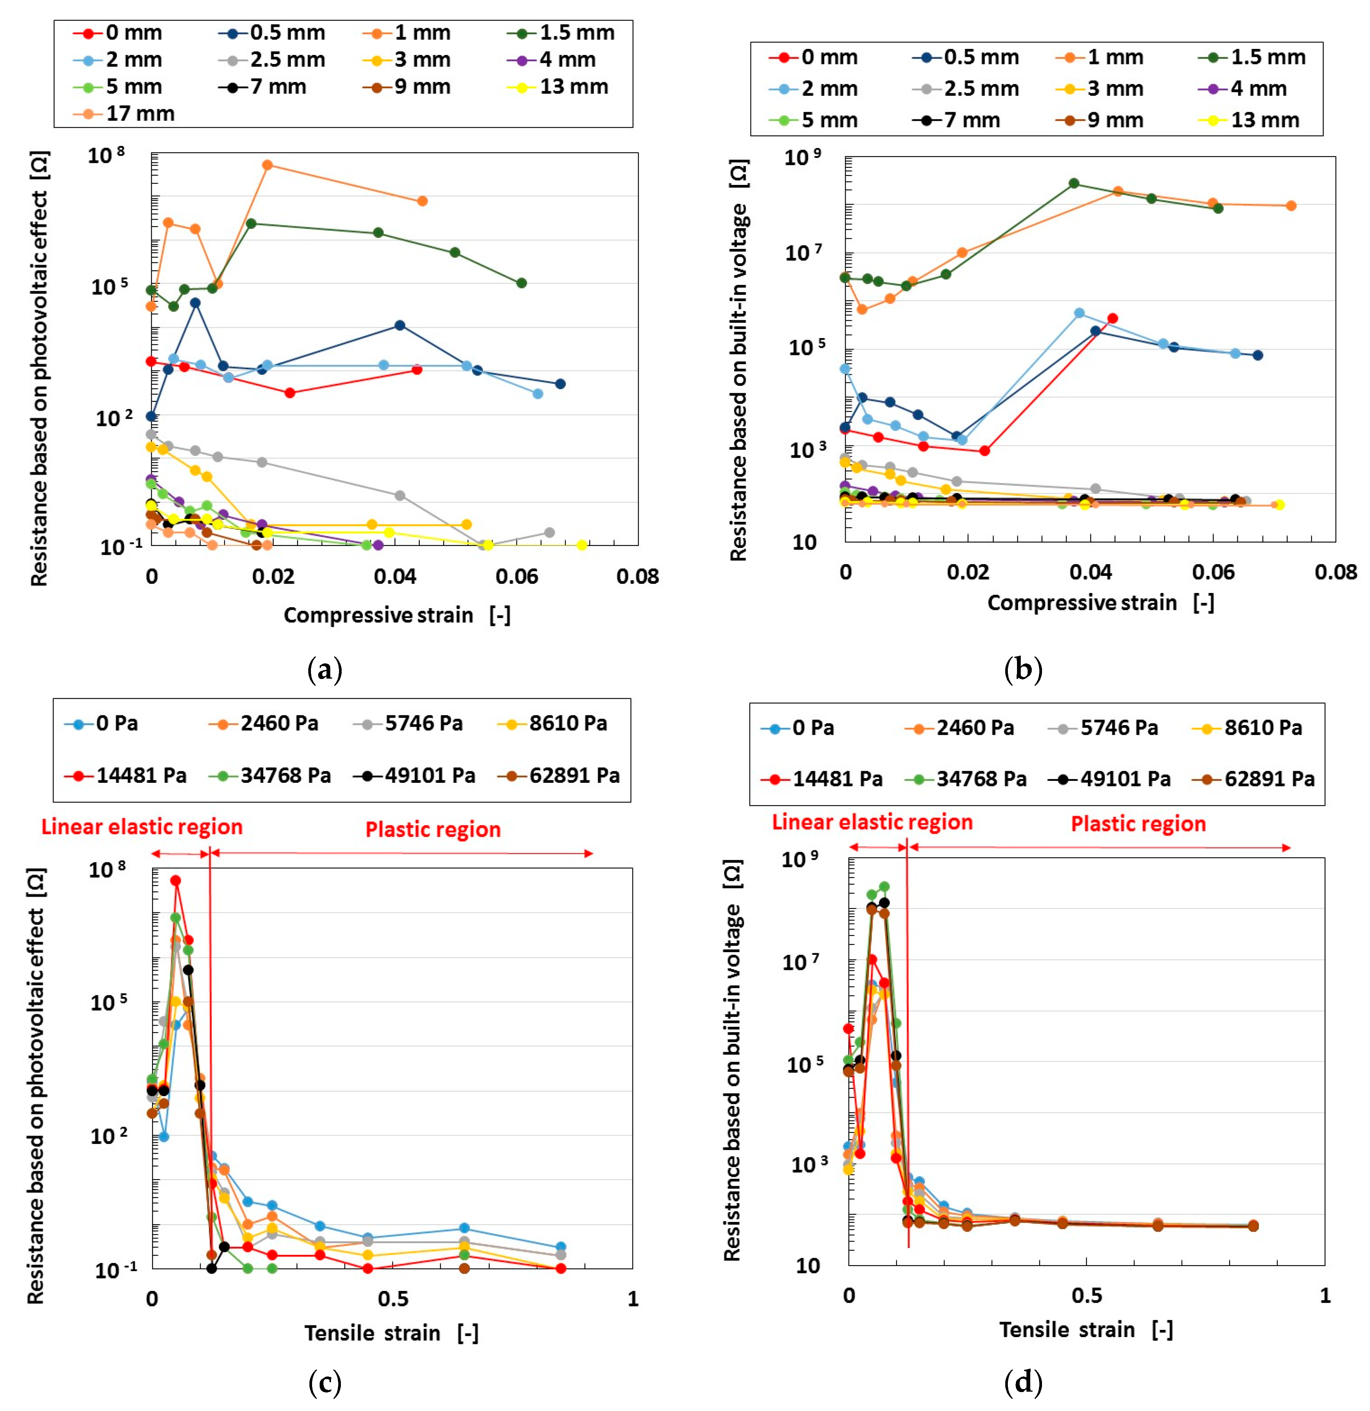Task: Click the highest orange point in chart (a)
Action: pyautogui.click(x=267, y=165)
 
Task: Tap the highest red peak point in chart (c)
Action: pyautogui.click(x=176, y=880)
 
